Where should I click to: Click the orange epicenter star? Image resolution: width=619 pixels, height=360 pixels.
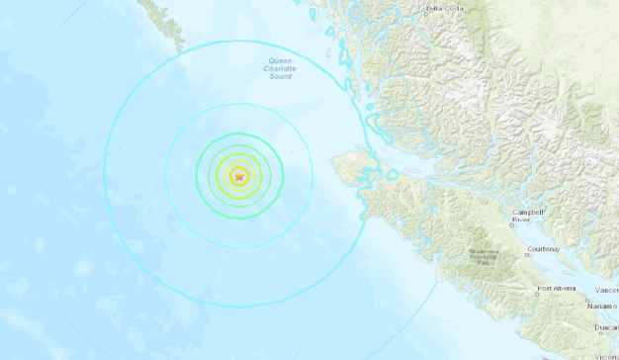point(238,176)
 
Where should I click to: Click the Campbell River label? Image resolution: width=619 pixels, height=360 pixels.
point(527,217)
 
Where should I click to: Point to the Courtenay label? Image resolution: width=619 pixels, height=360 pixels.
point(543,249)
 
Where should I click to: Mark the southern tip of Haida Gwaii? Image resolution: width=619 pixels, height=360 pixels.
point(180,48)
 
